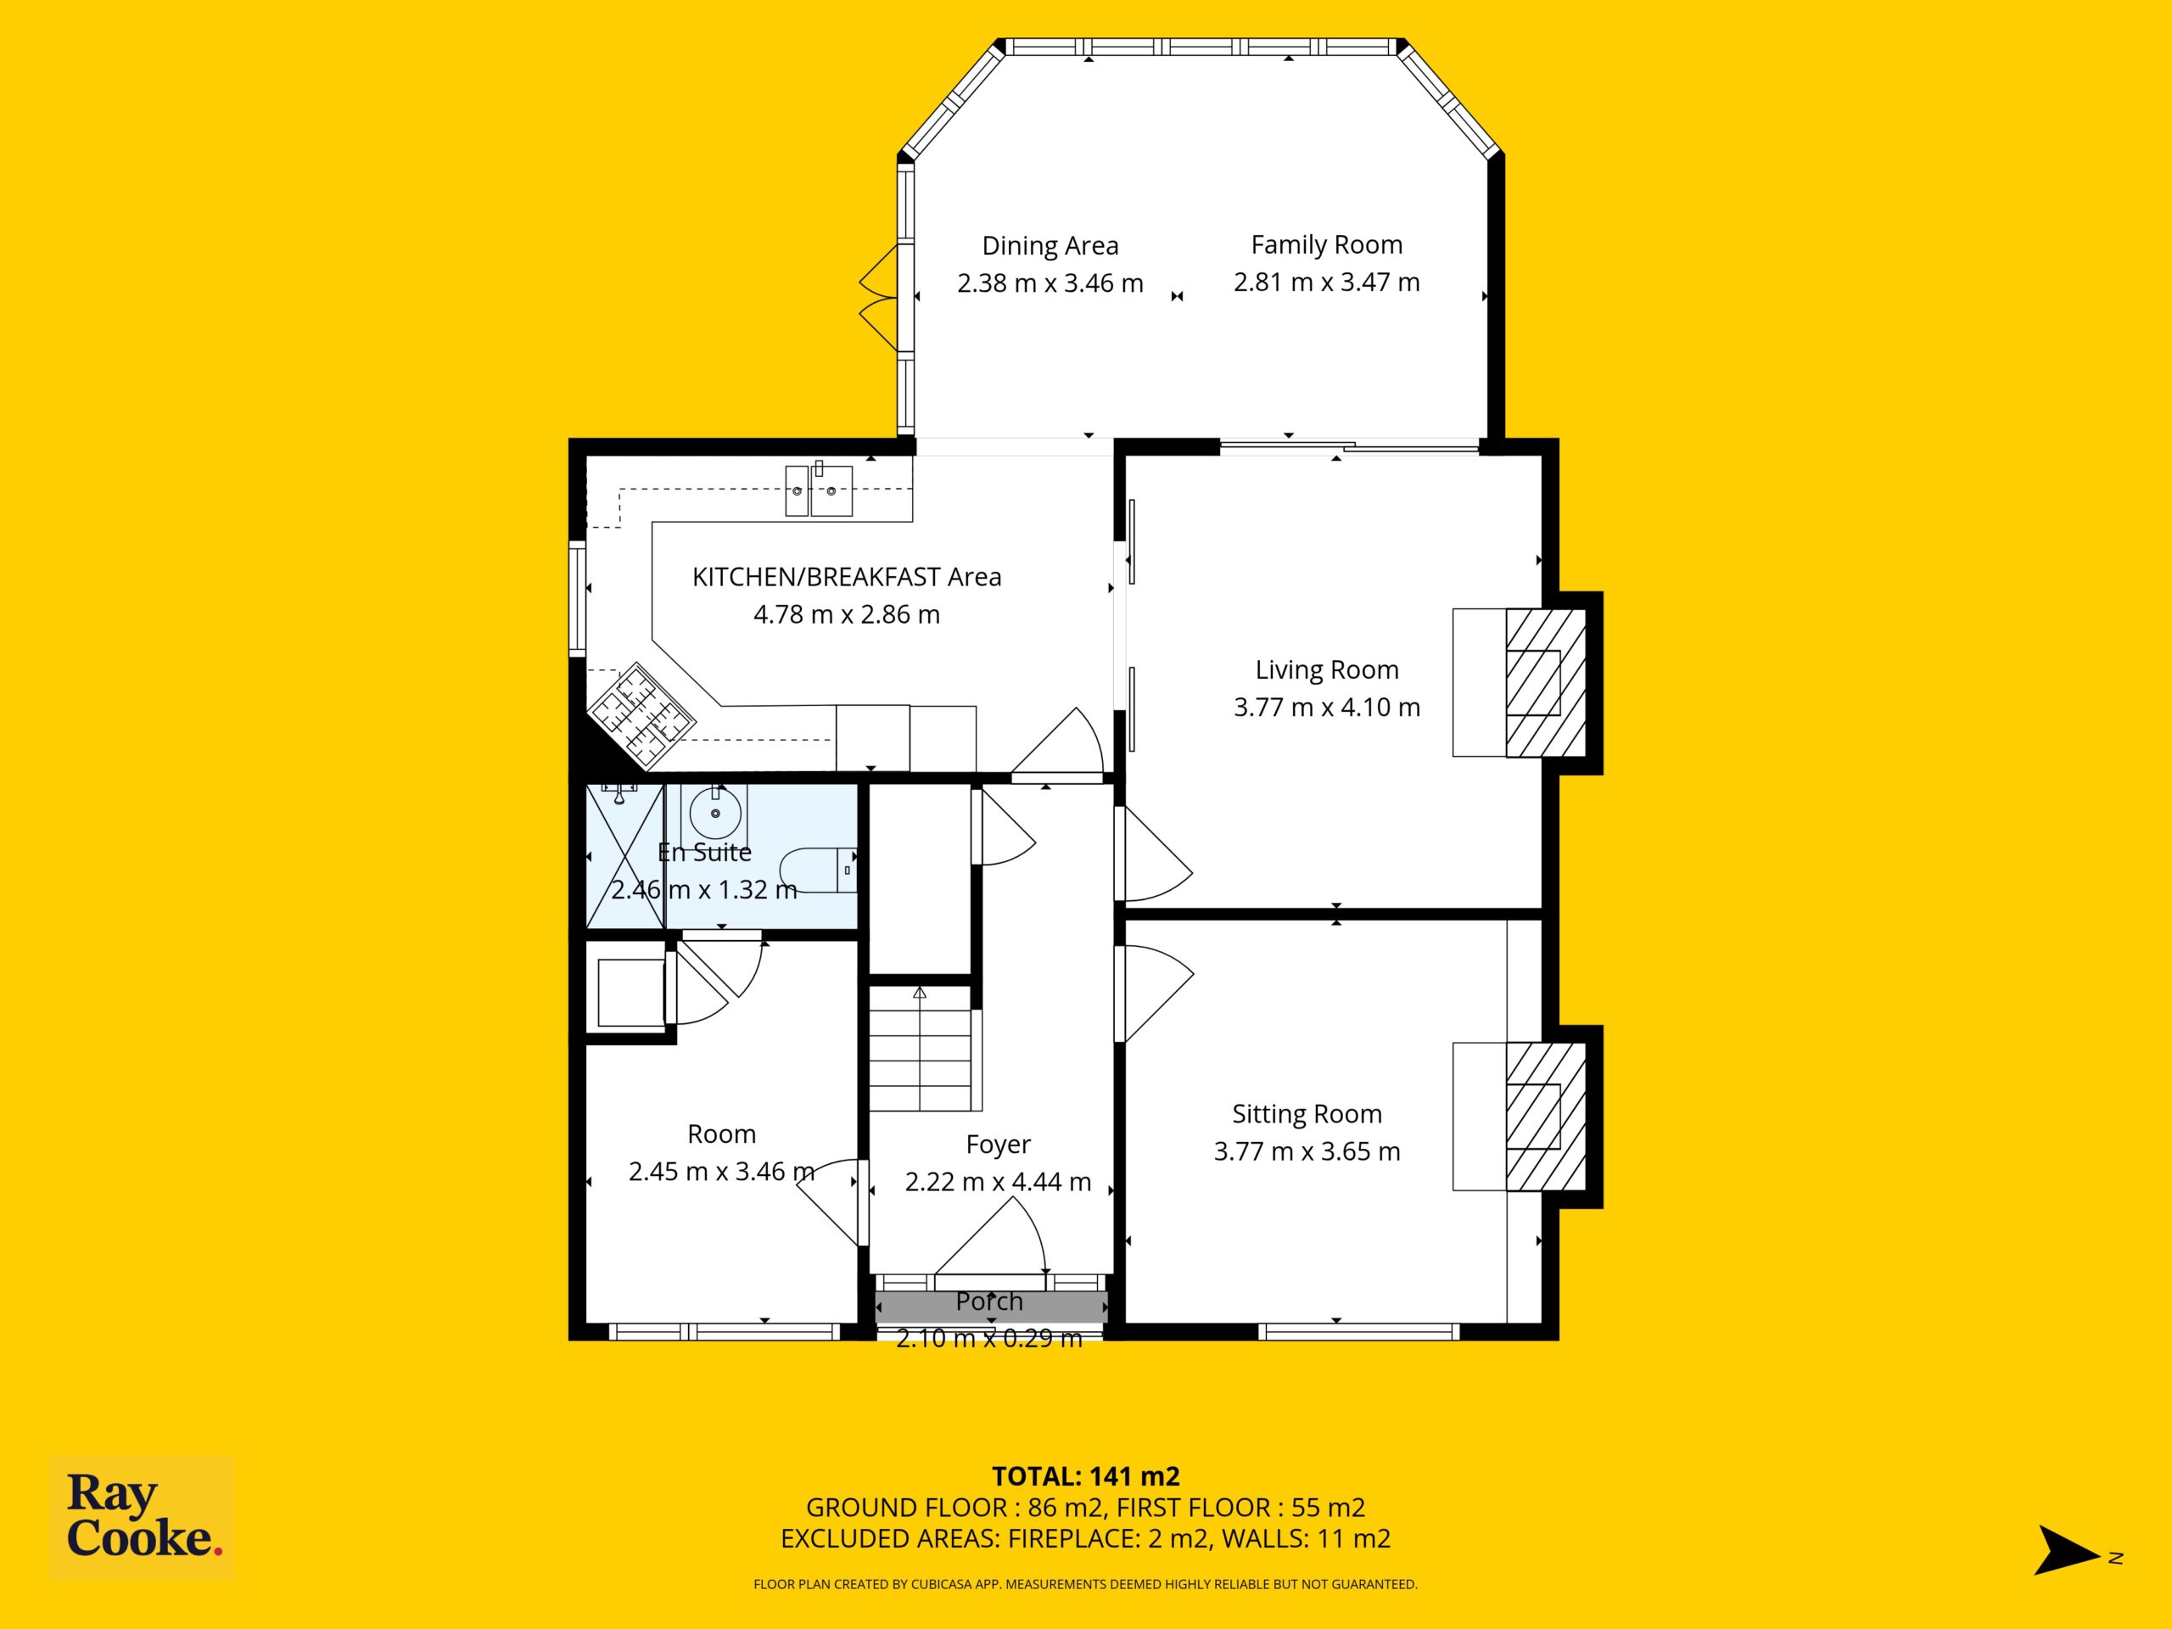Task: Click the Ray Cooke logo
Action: pyautogui.click(x=142, y=1517)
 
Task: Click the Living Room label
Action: pyautogui.click(x=1327, y=670)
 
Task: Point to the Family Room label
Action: pyautogui.click(x=1327, y=244)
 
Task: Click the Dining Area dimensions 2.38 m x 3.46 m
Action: pyautogui.click(x=1050, y=283)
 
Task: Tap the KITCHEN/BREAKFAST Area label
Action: pyautogui.click(x=847, y=578)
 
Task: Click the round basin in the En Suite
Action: pyautogui.click(x=715, y=813)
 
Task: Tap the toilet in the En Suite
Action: pyautogui.click(x=819, y=870)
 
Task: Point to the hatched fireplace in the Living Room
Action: pyautogui.click(x=1546, y=682)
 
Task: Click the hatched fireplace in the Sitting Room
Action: pyautogui.click(x=1546, y=1117)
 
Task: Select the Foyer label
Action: pyautogui.click(x=999, y=1145)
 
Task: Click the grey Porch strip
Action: pyautogui.click(x=992, y=1307)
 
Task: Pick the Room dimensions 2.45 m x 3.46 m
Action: pyautogui.click(x=722, y=1172)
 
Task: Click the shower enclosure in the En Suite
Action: pyautogui.click(x=625, y=855)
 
